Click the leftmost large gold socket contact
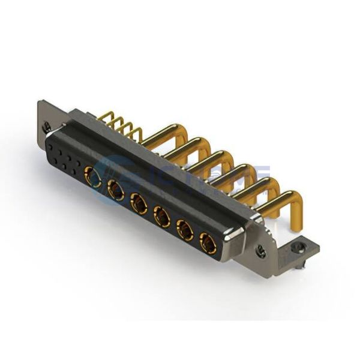point(93,177)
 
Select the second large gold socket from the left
point(116,191)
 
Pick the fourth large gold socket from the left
point(162,217)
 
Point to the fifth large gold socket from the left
point(185,230)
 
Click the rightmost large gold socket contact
point(208,243)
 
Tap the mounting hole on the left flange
point(47,127)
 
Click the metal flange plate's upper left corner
point(41,102)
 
